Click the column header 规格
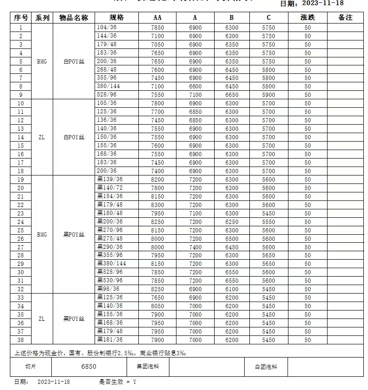tap(116, 18)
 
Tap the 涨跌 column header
tap(307, 18)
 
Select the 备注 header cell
tap(345, 18)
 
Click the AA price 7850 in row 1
tap(158, 28)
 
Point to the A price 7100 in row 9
tap(195, 95)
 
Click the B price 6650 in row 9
tap(232, 95)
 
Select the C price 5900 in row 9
tap(268, 95)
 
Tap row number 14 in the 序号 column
tap(21, 137)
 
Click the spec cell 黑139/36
tap(110, 180)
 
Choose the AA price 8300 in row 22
tap(158, 205)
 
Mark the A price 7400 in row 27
tap(195, 247)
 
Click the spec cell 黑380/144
tap(112, 264)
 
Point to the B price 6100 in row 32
tap(232, 289)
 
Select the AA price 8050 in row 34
tap(158, 306)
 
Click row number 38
tap(21, 340)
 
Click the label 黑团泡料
tap(147, 366)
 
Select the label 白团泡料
tap(266, 366)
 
